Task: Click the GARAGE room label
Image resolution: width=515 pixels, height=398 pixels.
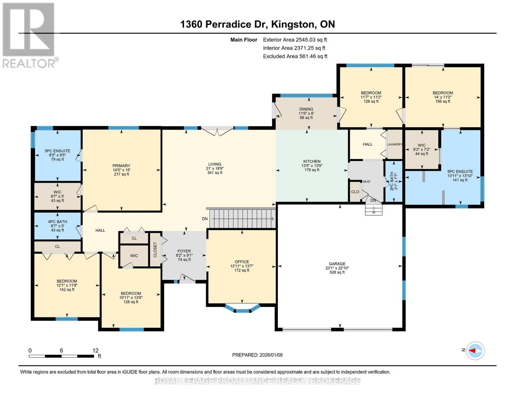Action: (337, 264)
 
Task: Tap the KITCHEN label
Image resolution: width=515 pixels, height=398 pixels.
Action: (312, 161)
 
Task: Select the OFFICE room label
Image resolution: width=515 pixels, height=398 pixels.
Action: (242, 262)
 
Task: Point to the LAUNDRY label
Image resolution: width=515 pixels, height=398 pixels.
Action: (395, 144)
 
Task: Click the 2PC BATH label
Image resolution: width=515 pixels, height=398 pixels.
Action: (392, 181)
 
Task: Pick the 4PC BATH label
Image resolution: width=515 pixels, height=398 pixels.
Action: (57, 222)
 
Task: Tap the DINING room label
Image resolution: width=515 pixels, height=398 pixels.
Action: (306, 109)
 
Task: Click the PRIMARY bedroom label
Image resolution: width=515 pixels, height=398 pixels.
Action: (121, 166)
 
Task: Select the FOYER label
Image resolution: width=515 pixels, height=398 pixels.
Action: (184, 251)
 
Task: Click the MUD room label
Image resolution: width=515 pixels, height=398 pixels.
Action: (366, 181)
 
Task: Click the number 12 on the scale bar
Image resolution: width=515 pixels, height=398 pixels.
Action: (95, 351)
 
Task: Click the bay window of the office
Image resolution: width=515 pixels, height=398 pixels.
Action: (242, 308)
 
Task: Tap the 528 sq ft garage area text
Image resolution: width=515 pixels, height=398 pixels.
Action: (337, 272)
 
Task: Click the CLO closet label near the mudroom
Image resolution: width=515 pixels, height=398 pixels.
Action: (355, 192)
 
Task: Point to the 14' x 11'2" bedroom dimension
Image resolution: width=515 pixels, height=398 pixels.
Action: (442, 97)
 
